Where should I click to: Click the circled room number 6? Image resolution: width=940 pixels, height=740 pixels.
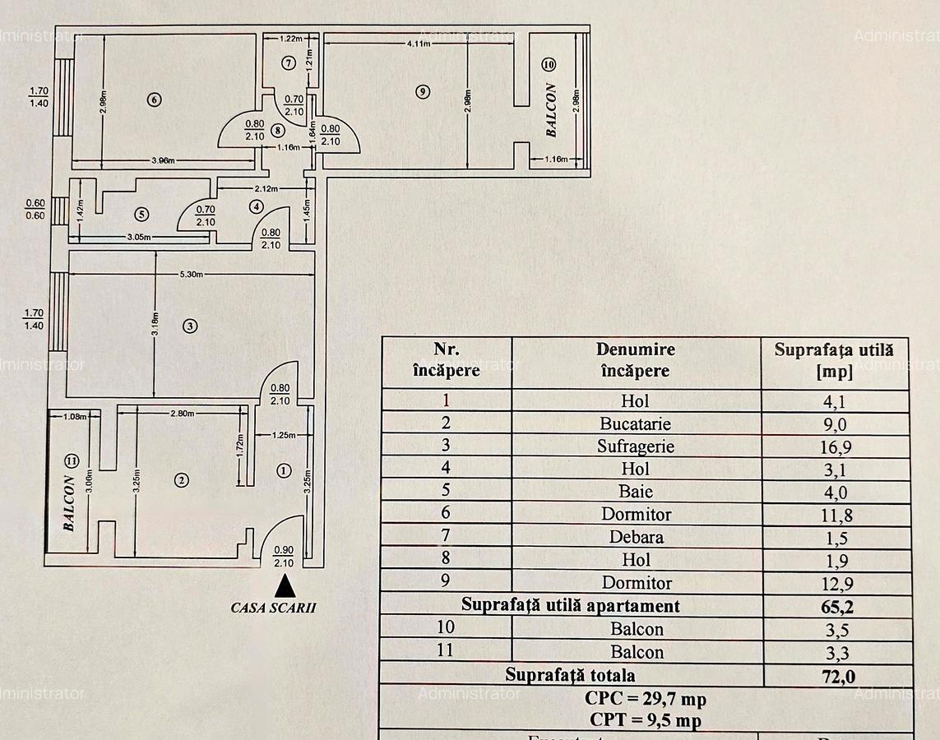pos(154,100)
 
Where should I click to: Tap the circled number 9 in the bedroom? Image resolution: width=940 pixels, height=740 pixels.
pos(423,92)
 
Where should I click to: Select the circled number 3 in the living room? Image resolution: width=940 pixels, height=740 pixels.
pos(190,326)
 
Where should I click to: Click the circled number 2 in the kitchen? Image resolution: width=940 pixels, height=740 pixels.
pos(182,480)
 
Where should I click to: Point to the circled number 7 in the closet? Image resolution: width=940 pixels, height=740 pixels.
pos(288,63)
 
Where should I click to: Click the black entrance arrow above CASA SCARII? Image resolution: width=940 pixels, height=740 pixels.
pos(285,585)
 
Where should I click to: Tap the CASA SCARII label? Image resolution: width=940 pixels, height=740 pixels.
pos(273,608)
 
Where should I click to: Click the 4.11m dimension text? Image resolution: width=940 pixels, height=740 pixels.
pos(419,44)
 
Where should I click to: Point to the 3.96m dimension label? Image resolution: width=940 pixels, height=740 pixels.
pos(161,160)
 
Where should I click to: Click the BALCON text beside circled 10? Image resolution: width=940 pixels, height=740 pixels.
pos(552,109)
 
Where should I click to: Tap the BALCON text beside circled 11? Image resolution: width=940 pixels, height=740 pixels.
pos(70,503)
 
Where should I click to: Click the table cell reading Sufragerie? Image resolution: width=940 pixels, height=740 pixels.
pos(636,446)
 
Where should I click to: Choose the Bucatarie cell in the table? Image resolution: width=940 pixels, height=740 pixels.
pos(636,423)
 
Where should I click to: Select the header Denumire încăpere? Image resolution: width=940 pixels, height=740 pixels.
pos(636,360)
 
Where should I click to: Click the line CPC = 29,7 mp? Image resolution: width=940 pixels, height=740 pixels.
pos(646,699)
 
